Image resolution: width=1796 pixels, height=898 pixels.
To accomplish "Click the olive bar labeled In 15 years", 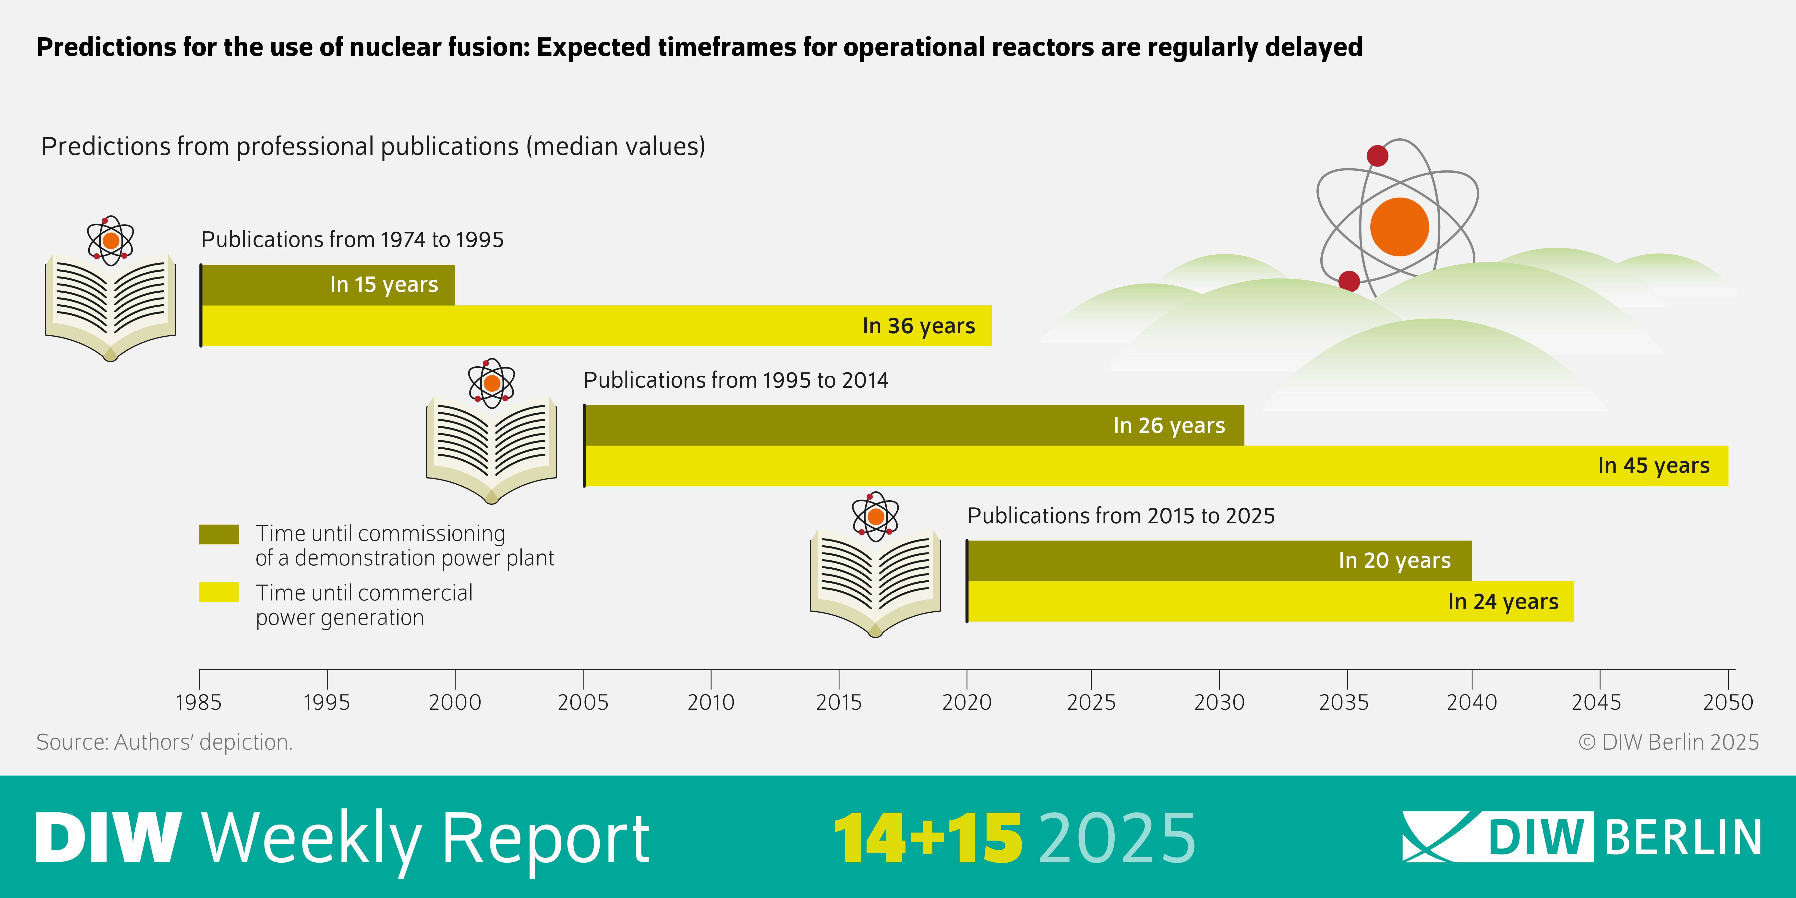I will pyautogui.click(x=328, y=285).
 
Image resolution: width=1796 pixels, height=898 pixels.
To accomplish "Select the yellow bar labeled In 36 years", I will pyautogui.click(x=596, y=326).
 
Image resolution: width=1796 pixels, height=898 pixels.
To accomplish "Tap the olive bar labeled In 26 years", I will pyautogui.click(x=913, y=425).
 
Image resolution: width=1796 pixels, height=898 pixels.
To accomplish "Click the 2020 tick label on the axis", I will pyautogui.click(x=966, y=702).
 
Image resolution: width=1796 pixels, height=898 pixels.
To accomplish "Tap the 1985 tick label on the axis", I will pyautogui.click(x=199, y=702).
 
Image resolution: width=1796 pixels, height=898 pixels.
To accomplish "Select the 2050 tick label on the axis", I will pyautogui.click(x=1728, y=702).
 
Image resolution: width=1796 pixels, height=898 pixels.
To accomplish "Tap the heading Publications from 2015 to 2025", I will pyautogui.click(x=1121, y=516).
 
